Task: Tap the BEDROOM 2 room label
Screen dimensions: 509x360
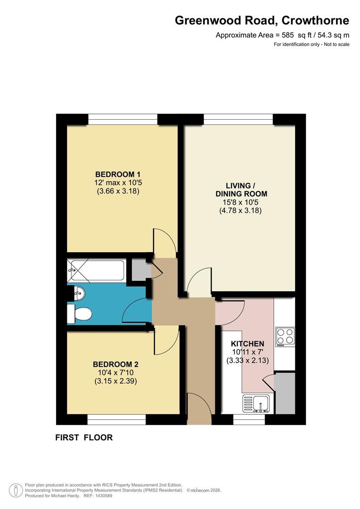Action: pyautogui.click(x=115, y=364)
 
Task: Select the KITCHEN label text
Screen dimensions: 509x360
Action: pyautogui.click(x=248, y=344)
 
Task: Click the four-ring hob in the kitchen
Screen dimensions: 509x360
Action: pyautogui.click(x=284, y=337)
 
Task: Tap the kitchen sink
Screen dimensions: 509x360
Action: pyautogui.click(x=256, y=403)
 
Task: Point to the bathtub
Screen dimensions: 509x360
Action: pyautogui.click(x=96, y=271)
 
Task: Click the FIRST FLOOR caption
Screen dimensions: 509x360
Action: pyautogui.click(x=84, y=438)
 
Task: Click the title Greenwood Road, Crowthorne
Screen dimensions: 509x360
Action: pyautogui.click(x=262, y=21)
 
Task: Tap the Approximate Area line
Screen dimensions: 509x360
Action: pyautogui.click(x=282, y=35)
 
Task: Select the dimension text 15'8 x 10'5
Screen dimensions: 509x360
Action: pyautogui.click(x=241, y=202)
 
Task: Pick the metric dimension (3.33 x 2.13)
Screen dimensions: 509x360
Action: pyautogui.click(x=248, y=361)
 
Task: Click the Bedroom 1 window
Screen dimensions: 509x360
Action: pyautogui.click(x=123, y=119)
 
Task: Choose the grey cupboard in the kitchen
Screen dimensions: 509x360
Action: pyautogui.click(x=285, y=393)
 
